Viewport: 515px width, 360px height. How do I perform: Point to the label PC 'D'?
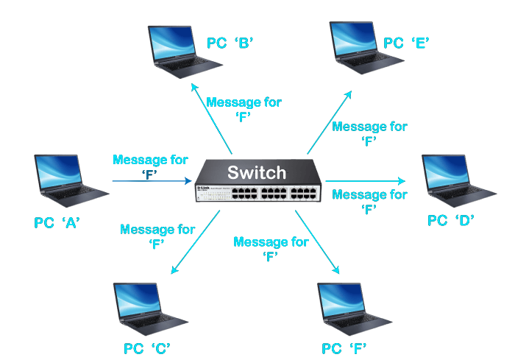[452, 220]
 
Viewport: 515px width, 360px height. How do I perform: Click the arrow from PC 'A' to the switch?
[151, 180]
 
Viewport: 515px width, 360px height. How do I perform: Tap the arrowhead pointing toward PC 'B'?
[193, 86]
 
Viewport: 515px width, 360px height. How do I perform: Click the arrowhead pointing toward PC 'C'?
[174, 270]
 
